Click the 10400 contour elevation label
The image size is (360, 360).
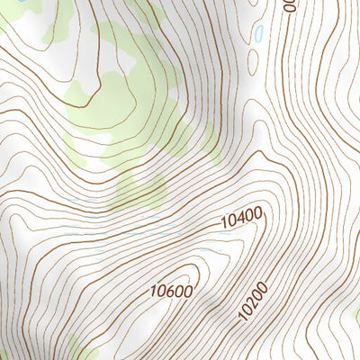coord(240,216)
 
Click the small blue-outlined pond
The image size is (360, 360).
coord(259,36)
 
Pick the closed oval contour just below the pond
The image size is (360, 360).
coord(253,63)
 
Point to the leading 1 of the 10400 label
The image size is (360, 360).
coord(222,221)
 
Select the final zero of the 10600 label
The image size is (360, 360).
coord(188,287)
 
